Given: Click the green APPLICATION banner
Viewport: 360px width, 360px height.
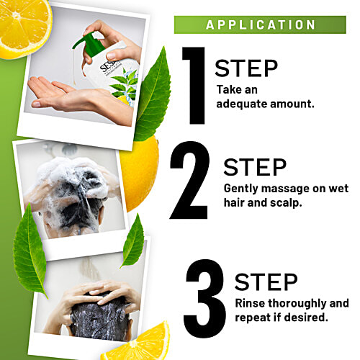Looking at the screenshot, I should pos(261,24).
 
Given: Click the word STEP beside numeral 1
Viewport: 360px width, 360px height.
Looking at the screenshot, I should pos(246,68).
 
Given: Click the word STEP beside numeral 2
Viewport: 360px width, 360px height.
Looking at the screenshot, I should pos(255,166).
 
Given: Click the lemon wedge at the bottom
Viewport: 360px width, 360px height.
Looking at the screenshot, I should pos(140,342).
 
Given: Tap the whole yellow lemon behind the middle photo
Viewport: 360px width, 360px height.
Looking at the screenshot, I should pos(139,173).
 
